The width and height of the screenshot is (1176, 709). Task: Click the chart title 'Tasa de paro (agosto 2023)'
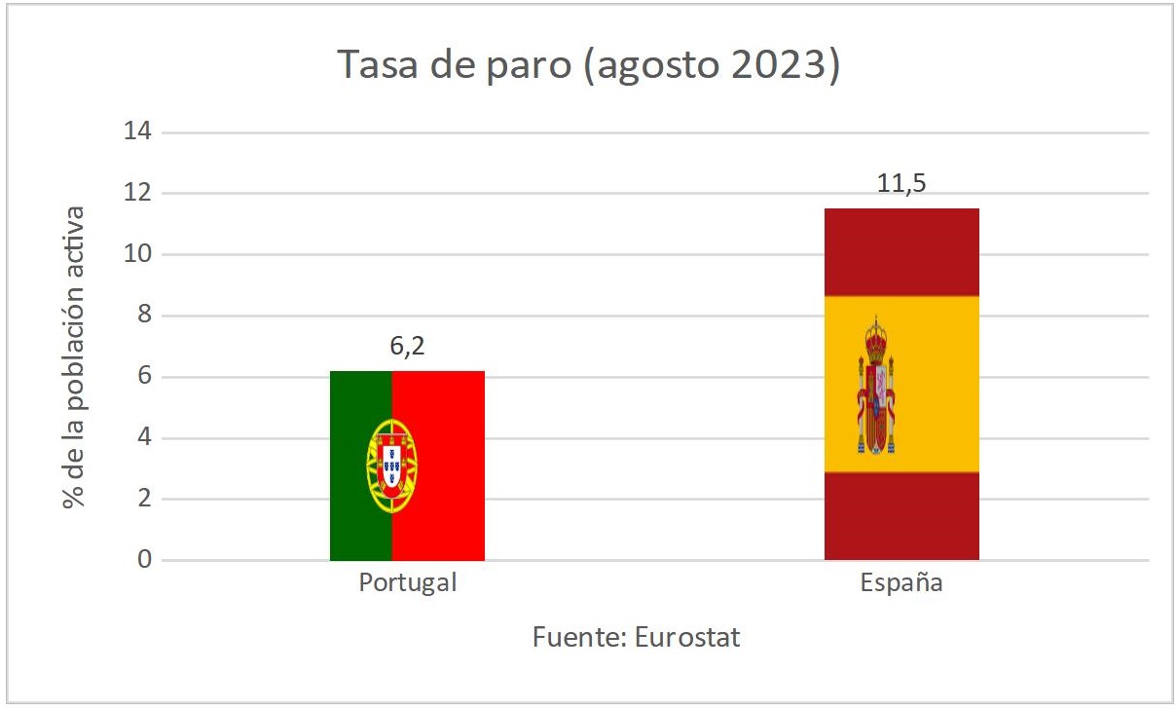coord(588,65)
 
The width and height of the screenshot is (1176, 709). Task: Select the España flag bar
coord(901,384)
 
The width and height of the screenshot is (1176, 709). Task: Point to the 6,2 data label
coord(407,346)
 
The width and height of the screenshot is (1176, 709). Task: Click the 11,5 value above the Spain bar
coord(901,184)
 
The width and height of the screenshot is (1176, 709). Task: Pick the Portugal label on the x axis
coord(407,583)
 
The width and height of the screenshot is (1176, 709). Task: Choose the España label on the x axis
coord(901,583)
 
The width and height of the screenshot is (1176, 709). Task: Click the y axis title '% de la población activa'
coord(73,356)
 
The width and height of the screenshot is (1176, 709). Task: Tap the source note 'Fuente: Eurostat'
coord(636,638)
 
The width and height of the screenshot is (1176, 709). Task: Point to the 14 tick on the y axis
coord(137,131)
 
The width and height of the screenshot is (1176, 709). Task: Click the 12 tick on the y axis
coord(137,193)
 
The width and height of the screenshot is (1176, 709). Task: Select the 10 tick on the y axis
coord(137,254)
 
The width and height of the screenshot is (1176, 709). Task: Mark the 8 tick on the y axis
coord(144,316)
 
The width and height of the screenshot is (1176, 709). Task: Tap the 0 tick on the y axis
coord(144,560)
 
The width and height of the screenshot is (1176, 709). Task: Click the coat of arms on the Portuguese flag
coord(392,466)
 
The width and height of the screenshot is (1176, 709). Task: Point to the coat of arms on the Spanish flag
coord(876,386)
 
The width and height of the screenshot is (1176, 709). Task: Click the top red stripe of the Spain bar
coord(901,251)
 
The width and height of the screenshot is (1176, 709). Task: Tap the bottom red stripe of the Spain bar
coord(901,516)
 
